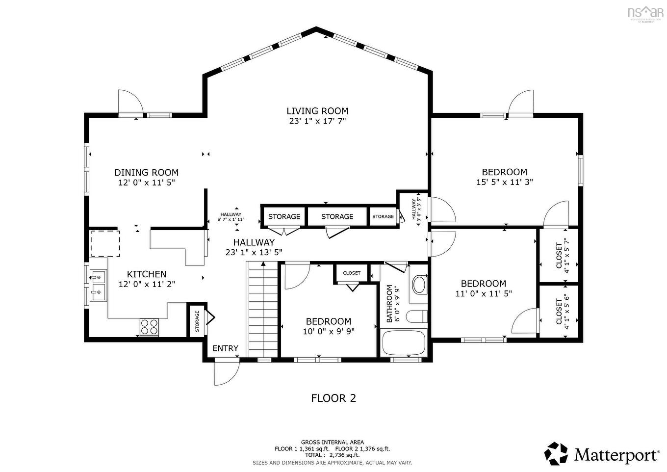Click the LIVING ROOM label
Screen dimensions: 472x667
tap(317, 111)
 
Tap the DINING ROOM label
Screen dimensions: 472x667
tap(146, 173)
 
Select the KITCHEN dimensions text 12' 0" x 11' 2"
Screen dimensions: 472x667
tap(147, 284)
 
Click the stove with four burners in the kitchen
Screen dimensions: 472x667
tap(149, 327)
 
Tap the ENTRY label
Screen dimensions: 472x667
tap(225, 348)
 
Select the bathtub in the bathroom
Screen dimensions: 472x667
tap(404, 343)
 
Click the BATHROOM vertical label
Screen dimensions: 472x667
tap(390, 304)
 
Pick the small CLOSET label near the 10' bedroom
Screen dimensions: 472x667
tap(352, 273)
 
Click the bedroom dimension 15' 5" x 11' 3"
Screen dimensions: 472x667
tap(504, 182)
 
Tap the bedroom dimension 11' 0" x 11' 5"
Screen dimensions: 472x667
tap(483, 294)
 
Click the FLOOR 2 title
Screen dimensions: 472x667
tap(333, 398)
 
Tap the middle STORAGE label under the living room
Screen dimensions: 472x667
tap(337, 216)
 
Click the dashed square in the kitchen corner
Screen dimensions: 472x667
tap(105, 243)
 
